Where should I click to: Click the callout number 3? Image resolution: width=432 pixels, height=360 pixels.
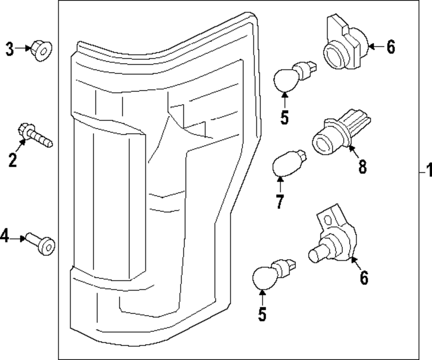point(10,49)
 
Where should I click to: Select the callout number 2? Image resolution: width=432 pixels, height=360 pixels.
point(13,160)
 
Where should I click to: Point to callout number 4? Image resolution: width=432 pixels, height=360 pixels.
point(4,236)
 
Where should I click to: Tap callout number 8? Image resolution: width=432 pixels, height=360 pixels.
point(362,167)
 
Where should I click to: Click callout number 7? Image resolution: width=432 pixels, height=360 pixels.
point(280,202)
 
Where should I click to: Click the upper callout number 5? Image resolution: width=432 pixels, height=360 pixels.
point(285,118)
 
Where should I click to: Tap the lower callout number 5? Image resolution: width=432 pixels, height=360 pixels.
point(262,314)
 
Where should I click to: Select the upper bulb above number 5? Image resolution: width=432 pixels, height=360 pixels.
point(295,76)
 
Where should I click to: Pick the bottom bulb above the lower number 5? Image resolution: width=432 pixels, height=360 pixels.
point(274,274)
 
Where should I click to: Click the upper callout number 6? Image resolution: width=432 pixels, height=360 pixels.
point(391,47)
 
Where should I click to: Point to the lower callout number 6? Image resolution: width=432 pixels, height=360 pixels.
point(364,277)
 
